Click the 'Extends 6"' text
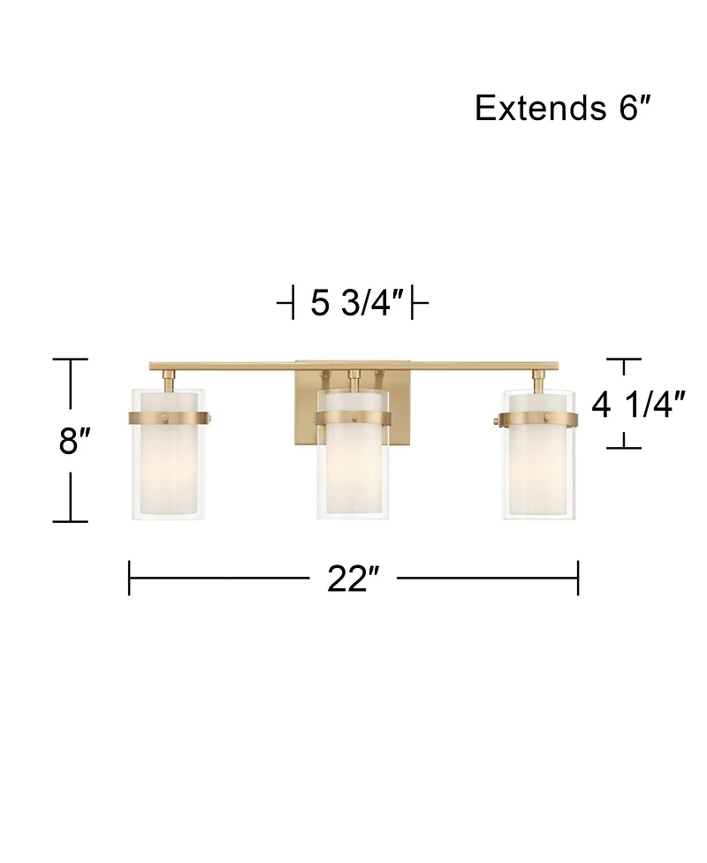coord(563,108)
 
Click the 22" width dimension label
coord(353,579)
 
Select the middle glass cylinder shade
coord(353,453)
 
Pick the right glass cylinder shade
coord(538,453)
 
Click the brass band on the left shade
coord(170,419)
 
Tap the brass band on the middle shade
coord(353,420)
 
